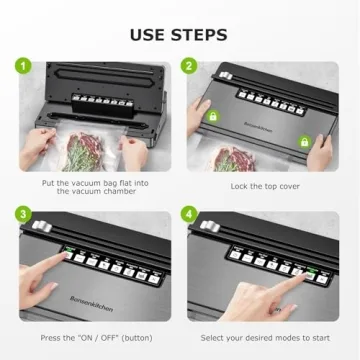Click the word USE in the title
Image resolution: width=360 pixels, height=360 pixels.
click(150, 35)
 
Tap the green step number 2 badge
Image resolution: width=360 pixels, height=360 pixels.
click(188, 68)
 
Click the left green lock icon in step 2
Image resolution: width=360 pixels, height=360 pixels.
click(211, 117)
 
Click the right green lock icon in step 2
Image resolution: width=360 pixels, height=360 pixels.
click(304, 142)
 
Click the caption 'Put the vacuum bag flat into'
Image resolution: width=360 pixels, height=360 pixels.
click(91, 185)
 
